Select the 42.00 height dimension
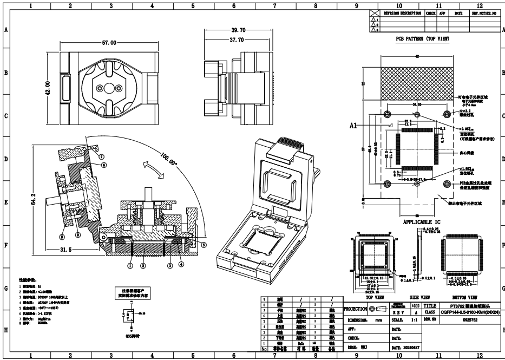coord(48,87)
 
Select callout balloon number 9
coord(62,236)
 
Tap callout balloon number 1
coord(130,266)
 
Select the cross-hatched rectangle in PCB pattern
coord(417,79)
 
